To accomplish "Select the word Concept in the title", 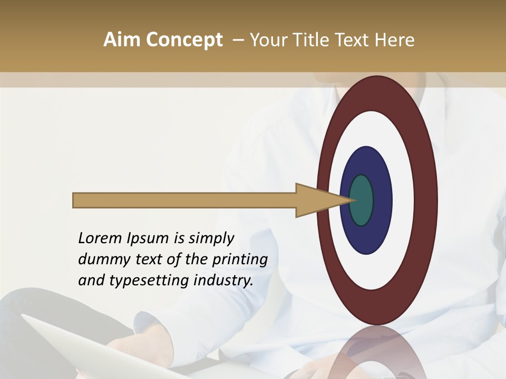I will [184, 41].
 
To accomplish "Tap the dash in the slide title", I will [238, 40].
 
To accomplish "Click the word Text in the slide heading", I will [353, 40].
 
